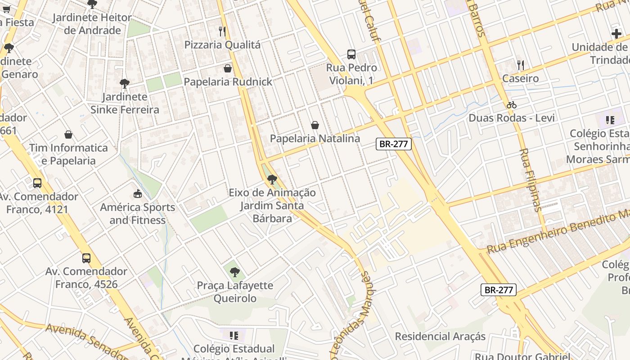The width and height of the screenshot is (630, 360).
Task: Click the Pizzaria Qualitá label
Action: click(222, 45)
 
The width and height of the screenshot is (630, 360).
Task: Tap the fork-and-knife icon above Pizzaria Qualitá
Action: click(222, 31)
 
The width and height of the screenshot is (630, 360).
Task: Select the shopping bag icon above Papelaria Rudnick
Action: click(228, 68)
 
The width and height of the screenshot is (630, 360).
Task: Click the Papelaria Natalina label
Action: click(315, 138)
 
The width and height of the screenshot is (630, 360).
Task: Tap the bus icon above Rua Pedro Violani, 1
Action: click(351, 54)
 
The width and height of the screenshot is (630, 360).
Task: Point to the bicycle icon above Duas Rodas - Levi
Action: click(511, 105)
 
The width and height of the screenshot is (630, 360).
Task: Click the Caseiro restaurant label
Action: click(520, 78)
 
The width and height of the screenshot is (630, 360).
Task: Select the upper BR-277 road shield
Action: click(394, 144)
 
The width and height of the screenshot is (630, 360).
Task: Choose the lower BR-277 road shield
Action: click(498, 290)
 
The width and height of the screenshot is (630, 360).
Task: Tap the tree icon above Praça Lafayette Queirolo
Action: click(234, 272)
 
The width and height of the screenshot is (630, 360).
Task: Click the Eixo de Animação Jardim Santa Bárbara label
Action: click(272, 205)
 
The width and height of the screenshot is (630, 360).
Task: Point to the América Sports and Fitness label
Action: click(137, 214)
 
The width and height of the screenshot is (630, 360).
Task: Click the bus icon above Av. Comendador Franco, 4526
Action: click(86, 258)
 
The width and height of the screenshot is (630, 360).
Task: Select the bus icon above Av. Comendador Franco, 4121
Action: click(37, 183)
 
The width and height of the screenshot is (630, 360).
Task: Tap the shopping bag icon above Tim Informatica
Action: click(68, 135)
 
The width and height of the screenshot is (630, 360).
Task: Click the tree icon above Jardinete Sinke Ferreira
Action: click(125, 83)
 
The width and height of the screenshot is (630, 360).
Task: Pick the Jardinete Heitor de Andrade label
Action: click(92, 24)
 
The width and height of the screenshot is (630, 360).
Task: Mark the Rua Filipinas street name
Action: click(530, 180)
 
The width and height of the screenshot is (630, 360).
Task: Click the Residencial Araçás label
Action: click(440, 336)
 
